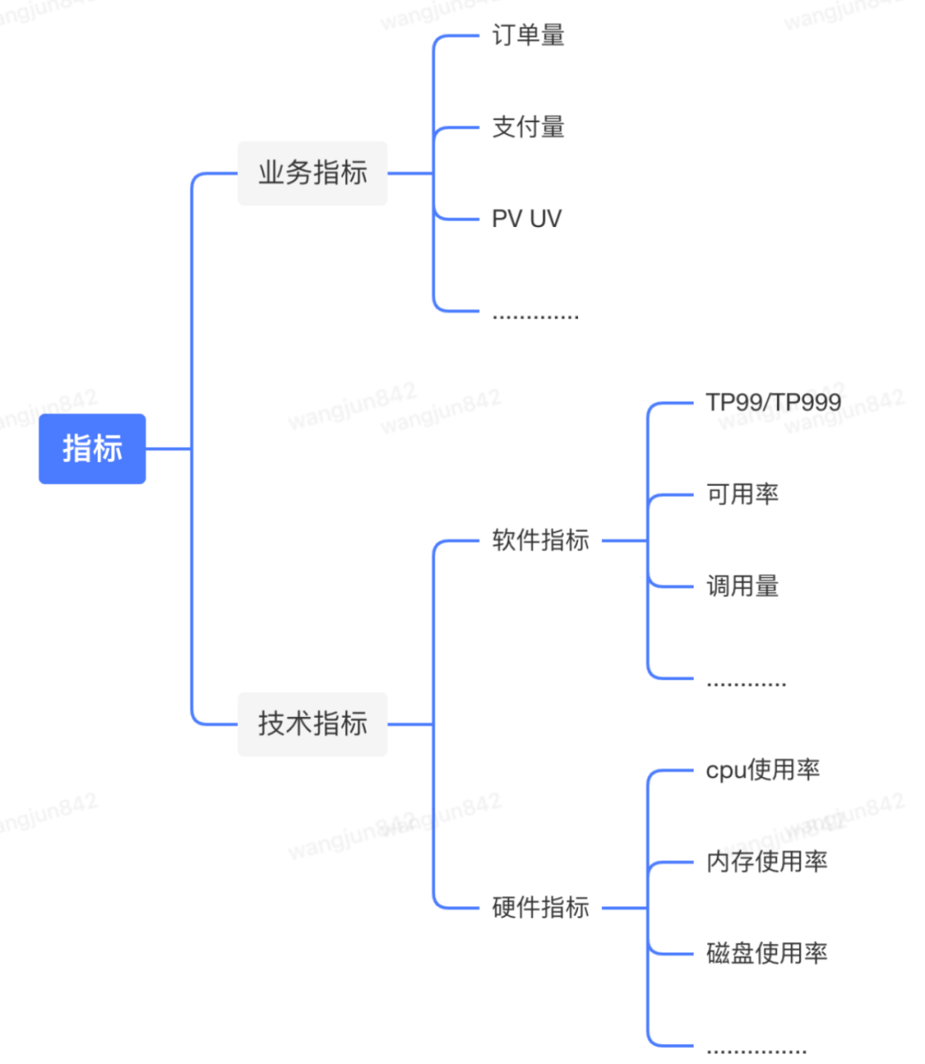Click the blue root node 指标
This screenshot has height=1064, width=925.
tap(92, 449)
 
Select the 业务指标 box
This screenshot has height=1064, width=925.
tap(313, 173)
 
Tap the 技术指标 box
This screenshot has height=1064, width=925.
tap(313, 724)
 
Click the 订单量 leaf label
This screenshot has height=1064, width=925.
tap(528, 36)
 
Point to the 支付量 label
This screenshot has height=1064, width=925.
tap(528, 128)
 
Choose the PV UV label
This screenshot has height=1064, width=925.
tap(526, 219)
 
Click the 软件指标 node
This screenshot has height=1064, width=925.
tap(540, 541)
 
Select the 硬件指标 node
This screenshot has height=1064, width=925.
tap(540, 907)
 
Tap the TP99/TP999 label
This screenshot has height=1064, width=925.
tap(773, 403)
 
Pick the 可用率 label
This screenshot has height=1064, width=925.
tap(742, 494)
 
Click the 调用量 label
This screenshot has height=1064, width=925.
tap(742, 587)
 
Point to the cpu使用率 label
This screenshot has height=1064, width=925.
tap(762, 770)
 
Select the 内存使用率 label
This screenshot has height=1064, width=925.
tap(767, 862)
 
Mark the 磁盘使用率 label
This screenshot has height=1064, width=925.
tap(767, 953)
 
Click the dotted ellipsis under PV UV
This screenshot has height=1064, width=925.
tap(535, 317)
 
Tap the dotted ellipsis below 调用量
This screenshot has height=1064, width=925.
tap(746, 684)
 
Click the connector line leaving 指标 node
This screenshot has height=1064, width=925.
tap(169, 449)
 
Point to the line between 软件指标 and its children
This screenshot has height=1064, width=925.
tap(624, 541)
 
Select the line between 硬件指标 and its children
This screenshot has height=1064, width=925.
tap(624, 907)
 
